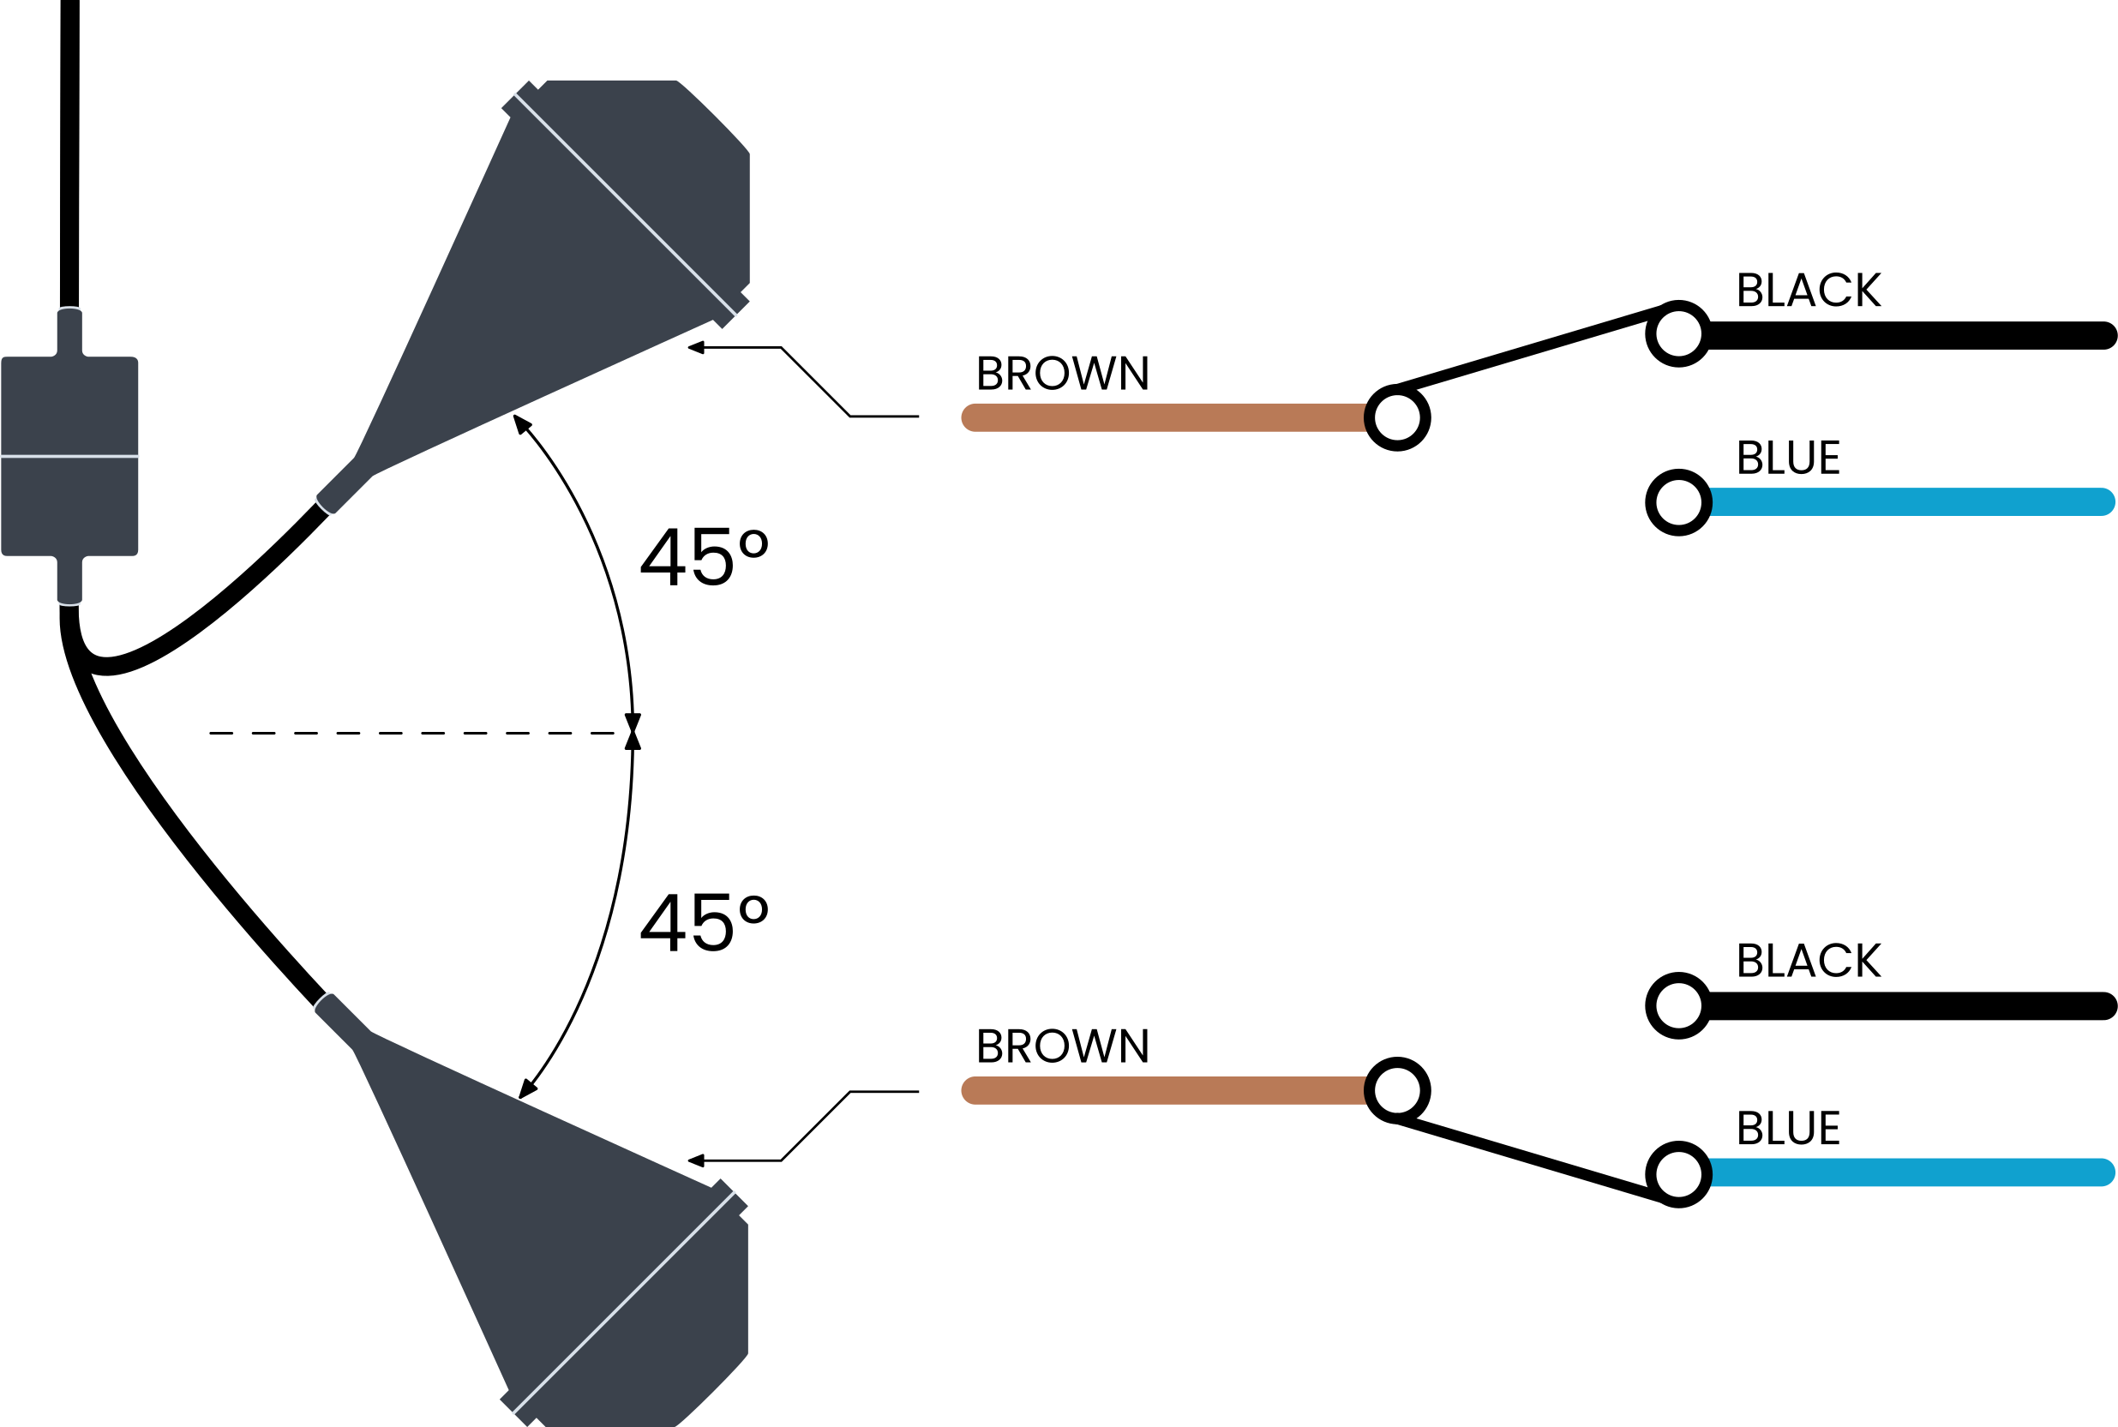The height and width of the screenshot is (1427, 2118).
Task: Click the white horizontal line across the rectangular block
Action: pos(70,455)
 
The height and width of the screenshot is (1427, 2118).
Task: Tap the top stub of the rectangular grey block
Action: pos(70,329)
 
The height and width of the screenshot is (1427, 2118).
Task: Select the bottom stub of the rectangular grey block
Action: pos(70,582)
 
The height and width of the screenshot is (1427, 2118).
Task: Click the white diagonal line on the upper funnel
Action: pos(626,205)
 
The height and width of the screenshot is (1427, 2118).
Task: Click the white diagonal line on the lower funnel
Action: pos(624,1303)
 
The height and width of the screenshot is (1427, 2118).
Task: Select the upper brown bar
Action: pos(1165,417)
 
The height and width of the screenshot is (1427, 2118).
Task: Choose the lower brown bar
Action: pos(1165,1090)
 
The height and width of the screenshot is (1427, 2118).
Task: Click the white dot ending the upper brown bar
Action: pos(1397,417)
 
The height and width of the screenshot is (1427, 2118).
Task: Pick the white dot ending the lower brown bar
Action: pos(1397,1090)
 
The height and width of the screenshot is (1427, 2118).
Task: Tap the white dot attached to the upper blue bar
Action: pos(1678,502)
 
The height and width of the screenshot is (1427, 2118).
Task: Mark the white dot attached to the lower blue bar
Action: pos(1678,1174)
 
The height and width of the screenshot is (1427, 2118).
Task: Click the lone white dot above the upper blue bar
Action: pos(1678,334)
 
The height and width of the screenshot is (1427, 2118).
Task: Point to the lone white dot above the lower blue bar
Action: pos(1678,1005)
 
